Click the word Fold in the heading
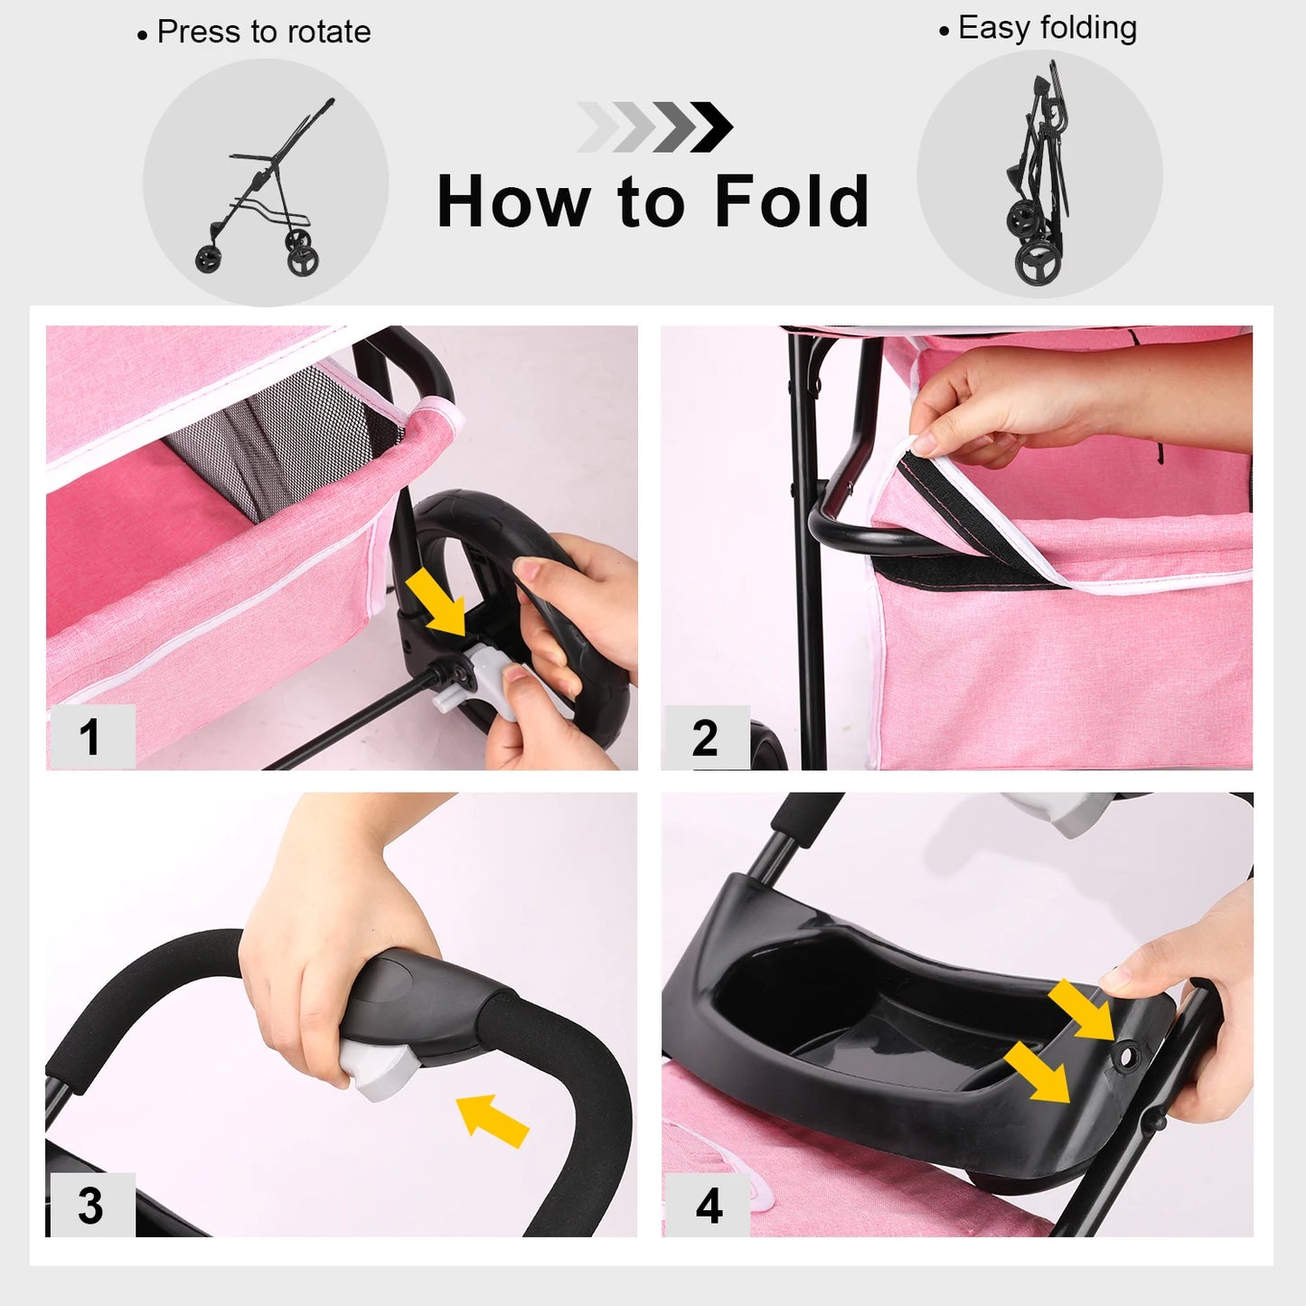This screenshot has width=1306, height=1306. [x=791, y=202]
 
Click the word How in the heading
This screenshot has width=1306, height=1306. [x=512, y=202]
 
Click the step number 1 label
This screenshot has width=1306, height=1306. [x=89, y=737]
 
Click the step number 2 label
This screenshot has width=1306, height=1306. [x=705, y=738]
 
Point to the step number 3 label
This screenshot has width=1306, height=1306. [x=90, y=1205]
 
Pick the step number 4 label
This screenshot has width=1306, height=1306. [x=709, y=1206]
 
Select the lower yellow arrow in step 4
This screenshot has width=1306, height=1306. [x=1038, y=1072]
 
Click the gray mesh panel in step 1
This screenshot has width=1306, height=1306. [x=271, y=443]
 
